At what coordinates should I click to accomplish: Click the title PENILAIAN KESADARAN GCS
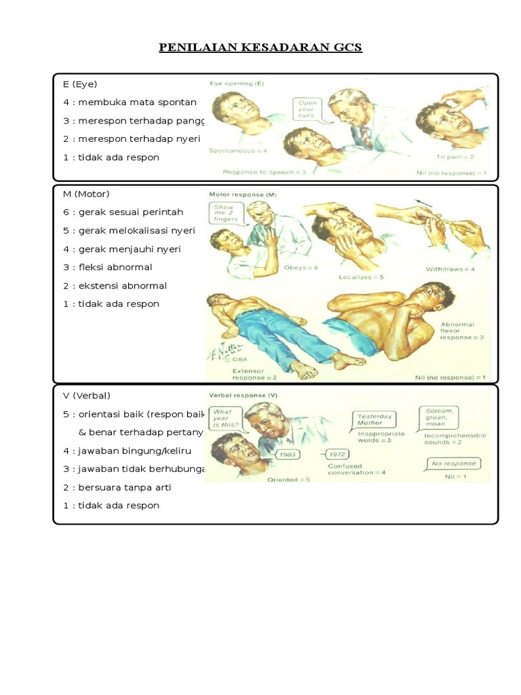(x=260, y=48)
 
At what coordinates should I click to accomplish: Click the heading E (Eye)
(x=81, y=84)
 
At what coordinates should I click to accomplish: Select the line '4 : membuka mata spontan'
(x=129, y=102)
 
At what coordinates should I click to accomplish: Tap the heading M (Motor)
(x=87, y=195)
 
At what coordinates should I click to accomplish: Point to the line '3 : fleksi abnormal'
(x=108, y=267)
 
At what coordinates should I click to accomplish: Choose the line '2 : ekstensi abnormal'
(x=115, y=286)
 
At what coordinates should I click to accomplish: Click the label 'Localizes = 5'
(x=360, y=277)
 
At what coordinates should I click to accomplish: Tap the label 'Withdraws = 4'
(x=450, y=269)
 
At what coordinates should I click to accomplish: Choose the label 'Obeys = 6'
(x=303, y=267)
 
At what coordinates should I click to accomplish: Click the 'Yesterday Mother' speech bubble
(x=375, y=419)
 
